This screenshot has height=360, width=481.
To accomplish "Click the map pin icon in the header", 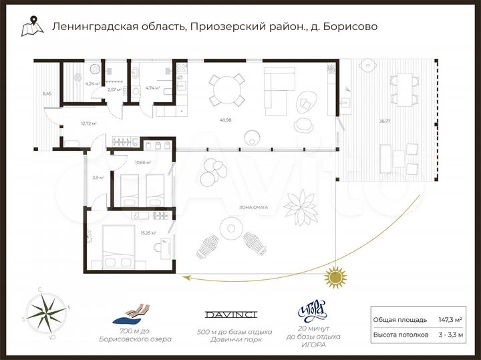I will click(x=29, y=27).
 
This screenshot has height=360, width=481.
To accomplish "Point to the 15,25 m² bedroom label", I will click(x=148, y=232).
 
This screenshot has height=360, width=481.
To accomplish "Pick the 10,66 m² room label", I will click(x=142, y=162).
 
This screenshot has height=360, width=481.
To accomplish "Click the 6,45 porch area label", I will click(x=47, y=94).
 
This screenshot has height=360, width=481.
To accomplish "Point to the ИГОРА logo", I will click(x=313, y=311).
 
